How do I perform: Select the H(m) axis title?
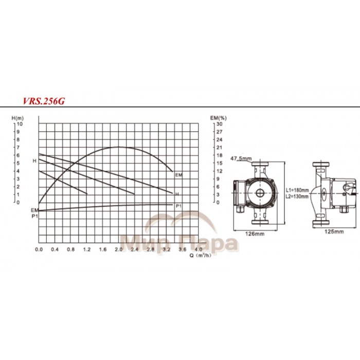(17, 118)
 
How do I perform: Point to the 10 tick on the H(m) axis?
(20, 124)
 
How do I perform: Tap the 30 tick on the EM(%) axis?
(219, 124)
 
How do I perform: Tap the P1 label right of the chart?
(178, 206)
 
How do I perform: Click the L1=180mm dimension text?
(297, 190)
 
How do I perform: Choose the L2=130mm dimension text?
(297, 196)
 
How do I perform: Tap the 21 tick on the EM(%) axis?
(219, 148)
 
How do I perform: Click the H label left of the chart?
(34, 161)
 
